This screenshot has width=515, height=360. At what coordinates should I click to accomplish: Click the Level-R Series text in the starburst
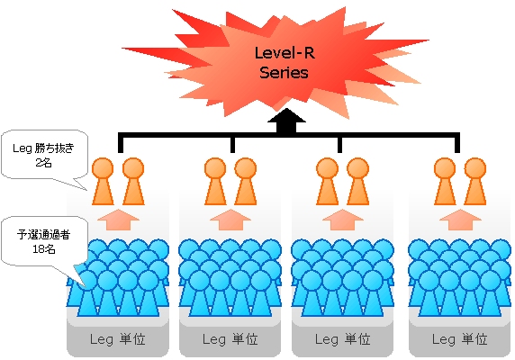click(x=285, y=63)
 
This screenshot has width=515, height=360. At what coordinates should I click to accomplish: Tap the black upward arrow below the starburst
click(x=286, y=121)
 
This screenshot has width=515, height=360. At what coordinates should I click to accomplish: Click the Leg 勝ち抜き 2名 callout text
click(x=43, y=155)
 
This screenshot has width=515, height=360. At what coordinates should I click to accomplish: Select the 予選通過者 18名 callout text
click(x=43, y=241)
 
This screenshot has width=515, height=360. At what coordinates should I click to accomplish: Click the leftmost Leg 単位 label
click(x=118, y=339)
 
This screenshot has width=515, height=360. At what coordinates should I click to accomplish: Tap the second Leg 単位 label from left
click(x=230, y=339)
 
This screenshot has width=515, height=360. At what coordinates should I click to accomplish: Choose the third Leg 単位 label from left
click(x=342, y=339)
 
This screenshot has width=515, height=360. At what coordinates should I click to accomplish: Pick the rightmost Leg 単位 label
click(x=459, y=339)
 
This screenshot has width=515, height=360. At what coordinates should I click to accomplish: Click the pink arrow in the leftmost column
click(x=118, y=220)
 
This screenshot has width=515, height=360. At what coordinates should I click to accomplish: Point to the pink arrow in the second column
click(x=230, y=220)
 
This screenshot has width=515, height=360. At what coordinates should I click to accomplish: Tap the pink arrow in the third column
click(x=343, y=220)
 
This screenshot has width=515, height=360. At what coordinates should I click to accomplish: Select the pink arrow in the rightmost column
click(x=460, y=220)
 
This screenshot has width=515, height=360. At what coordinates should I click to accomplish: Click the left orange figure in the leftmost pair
click(x=103, y=182)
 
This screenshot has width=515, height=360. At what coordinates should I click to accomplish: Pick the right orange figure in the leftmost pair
click(x=133, y=182)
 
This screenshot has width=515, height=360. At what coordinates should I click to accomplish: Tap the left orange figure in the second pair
click(x=215, y=182)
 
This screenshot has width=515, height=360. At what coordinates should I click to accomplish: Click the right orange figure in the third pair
click(x=358, y=182)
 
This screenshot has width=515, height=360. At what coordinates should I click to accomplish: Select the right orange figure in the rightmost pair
click(x=475, y=182)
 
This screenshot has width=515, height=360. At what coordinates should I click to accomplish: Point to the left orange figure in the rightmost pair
click(x=445, y=182)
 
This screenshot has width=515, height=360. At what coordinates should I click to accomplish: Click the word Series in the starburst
click(x=285, y=73)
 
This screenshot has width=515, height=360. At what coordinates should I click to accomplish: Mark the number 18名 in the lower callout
click(x=44, y=249)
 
